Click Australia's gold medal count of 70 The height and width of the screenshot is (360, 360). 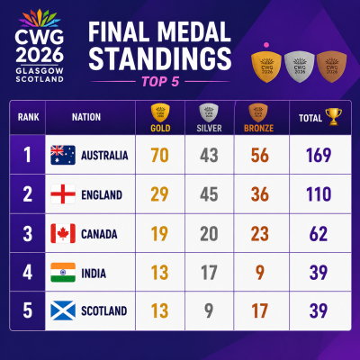pyautogui.click(x=160, y=155)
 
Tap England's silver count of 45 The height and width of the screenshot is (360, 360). pyautogui.click(x=209, y=194)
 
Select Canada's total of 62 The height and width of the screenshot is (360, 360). pyautogui.click(x=319, y=234)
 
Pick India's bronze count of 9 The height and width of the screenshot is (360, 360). pyautogui.click(x=259, y=273)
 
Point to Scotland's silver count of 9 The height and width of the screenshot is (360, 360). pyautogui.click(x=209, y=310)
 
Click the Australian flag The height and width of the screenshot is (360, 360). pyautogui.click(x=63, y=155)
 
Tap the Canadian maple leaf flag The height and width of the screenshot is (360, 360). pyautogui.click(x=63, y=233)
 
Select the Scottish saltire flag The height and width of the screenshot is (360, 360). pyautogui.click(x=63, y=310)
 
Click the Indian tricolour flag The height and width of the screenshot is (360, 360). pyautogui.click(x=63, y=273)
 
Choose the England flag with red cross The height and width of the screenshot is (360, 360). pyautogui.click(x=63, y=194)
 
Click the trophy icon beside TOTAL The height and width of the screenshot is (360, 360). pyautogui.click(x=334, y=117)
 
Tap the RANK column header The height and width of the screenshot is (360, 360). pyautogui.click(x=29, y=117)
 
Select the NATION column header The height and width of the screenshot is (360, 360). pyautogui.click(x=86, y=117)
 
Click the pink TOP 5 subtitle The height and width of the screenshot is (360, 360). pyautogui.click(x=160, y=82)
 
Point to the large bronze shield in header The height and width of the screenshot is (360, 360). pyautogui.click(x=332, y=67)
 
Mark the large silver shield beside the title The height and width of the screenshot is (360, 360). pyautogui.click(x=300, y=67)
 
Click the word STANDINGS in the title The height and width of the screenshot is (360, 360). pyautogui.click(x=160, y=58)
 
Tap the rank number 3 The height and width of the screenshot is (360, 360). pyautogui.click(x=27, y=234)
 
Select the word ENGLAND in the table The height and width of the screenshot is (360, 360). pyautogui.click(x=102, y=195)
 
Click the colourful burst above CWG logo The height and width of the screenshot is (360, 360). pyautogui.click(x=40, y=19)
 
